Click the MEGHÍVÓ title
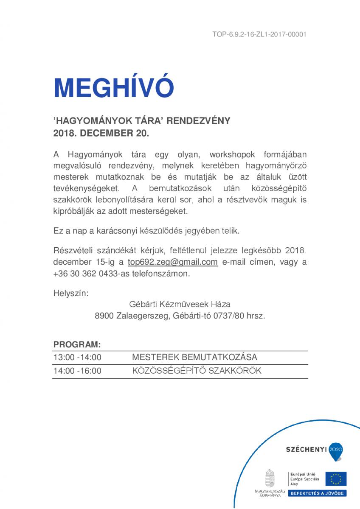click(x=114, y=88)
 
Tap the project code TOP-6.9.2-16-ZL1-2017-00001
click(x=259, y=35)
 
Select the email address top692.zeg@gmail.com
click(x=173, y=262)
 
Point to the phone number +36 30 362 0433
click(x=81, y=274)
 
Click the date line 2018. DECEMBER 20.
click(x=101, y=133)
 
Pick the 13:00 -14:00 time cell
click(x=77, y=358)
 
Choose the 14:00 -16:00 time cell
click(x=77, y=371)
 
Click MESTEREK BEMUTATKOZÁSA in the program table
click(x=194, y=358)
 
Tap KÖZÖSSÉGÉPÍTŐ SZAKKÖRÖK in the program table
click(x=197, y=371)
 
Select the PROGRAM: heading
click(x=77, y=344)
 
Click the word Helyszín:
click(x=71, y=294)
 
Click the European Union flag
click(x=336, y=479)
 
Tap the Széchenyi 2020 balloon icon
click(x=335, y=451)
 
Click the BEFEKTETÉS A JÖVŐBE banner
click(x=318, y=493)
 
